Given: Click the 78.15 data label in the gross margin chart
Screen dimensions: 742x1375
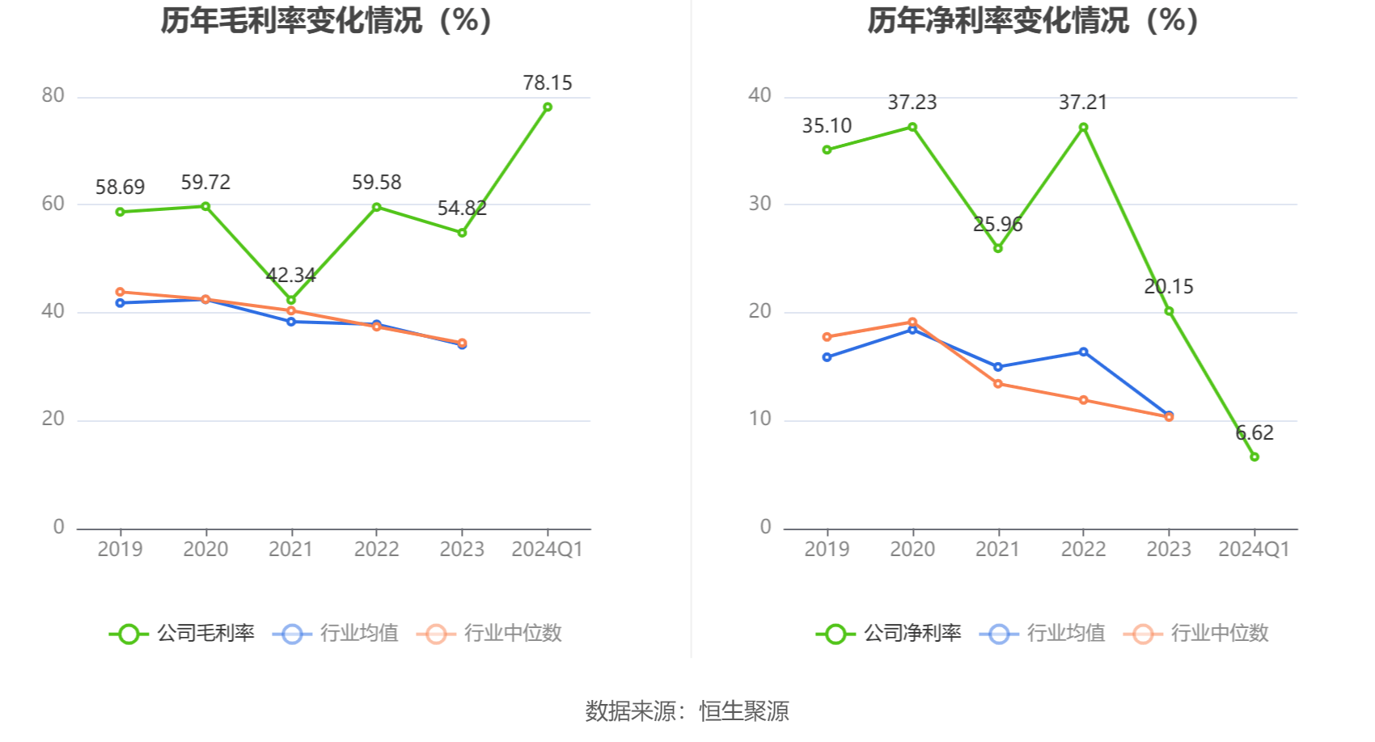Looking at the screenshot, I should [547, 83].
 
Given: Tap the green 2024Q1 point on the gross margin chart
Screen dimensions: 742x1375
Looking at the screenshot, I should [548, 107].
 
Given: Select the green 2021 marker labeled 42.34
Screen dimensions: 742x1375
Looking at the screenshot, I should [291, 300].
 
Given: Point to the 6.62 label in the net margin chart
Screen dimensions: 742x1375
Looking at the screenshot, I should [1254, 433].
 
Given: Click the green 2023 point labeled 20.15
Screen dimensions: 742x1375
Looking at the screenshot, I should [1169, 311].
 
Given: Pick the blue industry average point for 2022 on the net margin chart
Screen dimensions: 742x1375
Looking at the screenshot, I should [1083, 352].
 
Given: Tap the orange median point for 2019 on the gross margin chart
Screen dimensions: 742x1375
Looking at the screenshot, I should [121, 292].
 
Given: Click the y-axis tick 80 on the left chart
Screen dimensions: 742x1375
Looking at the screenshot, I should [53, 96].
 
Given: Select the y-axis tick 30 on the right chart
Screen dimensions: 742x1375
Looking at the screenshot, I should [759, 204].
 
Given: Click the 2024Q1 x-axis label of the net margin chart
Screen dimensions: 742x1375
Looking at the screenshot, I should [1254, 550].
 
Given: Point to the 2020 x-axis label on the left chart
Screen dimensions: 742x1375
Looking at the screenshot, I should [205, 550].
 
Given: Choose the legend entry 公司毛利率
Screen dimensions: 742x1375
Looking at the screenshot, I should [182, 634].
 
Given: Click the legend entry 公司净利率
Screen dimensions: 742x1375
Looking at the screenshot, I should [889, 634].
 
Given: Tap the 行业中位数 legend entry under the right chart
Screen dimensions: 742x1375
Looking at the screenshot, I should [1196, 634].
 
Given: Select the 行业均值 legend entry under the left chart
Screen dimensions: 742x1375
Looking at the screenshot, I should [336, 634].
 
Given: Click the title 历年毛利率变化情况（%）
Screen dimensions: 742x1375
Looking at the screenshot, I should [327, 21].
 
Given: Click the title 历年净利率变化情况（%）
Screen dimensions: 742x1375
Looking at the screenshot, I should [1033, 21].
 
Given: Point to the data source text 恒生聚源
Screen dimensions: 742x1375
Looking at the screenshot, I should [743, 711].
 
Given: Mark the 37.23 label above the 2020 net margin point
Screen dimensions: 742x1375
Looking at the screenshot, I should [912, 103].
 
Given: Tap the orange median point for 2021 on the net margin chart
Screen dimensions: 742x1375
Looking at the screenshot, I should [997, 384].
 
